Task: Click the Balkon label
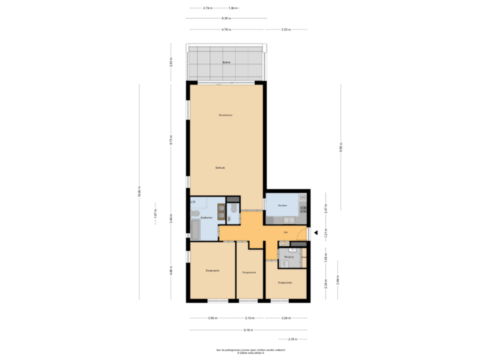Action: pyautogui.click(x=226, y=63)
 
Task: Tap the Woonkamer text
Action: pyautogui.click(x=225, y=115)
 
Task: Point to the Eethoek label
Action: pyautogui.click(x=220, y=167)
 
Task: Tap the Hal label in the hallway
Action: pyautogui.click(x=286, y=231)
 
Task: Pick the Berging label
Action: pyautogui.click(x=289, y=255)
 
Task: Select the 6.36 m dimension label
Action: pyautogui.click(x=227, y=18)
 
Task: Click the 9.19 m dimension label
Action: pyautogui.click(x=247, y=329)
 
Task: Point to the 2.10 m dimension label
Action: pyautogui.click(x=251, y=318)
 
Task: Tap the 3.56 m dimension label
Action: pyautogui.click(x=213, y=318)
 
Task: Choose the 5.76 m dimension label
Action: pyautogui.click(x=227, y=29)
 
